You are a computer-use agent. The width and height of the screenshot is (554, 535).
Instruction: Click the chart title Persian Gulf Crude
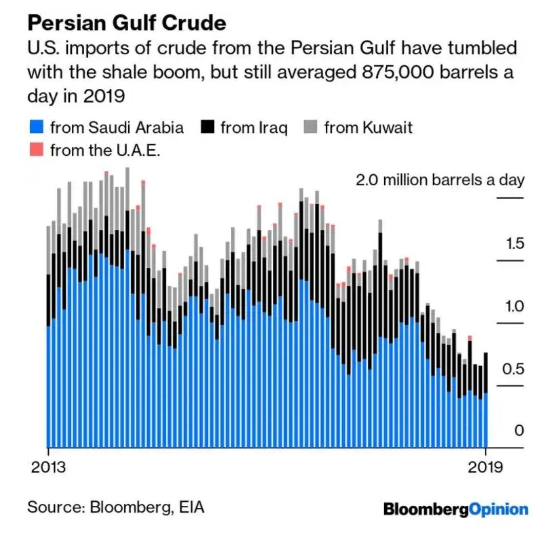coord(126,23)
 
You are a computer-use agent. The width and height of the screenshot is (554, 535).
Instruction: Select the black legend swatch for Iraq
coord(207,127)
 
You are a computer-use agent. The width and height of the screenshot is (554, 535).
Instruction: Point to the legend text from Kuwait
coord(368,127)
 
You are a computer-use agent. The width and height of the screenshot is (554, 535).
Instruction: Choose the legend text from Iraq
coord(254,127)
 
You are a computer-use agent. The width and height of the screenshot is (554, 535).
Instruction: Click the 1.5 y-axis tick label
coord(515,243)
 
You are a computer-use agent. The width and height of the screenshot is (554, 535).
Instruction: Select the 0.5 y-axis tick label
coord(513,369)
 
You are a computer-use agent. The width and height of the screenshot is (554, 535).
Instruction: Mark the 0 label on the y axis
coord(519,431)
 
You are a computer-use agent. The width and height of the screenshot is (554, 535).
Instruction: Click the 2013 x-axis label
coord(48,468)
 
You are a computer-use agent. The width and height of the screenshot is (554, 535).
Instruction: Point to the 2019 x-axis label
coord(485,468)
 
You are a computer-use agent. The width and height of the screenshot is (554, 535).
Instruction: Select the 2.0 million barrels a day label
coord(440,180)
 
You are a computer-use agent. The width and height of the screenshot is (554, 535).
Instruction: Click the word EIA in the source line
coord(191,508)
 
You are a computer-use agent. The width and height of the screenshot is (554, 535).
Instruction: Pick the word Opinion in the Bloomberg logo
coord(499,509)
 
